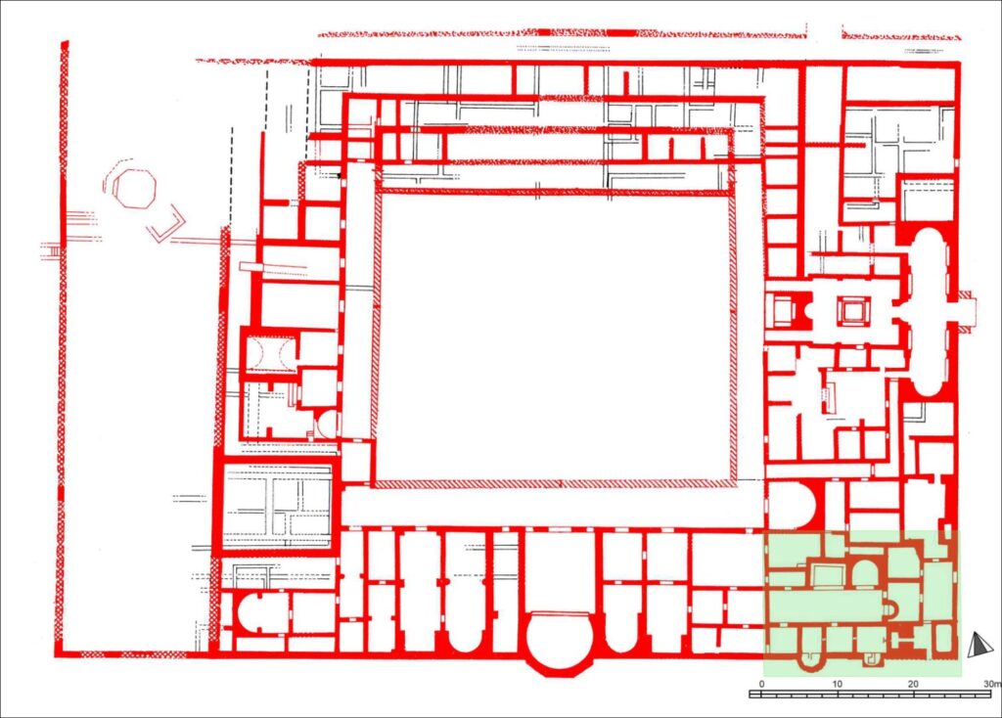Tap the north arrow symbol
(977, 645)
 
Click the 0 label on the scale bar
(761, 684)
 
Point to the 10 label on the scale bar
(838, 684)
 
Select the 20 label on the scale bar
(913, 684)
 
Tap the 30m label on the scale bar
(992, 684)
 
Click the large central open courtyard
(555, 337)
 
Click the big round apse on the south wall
(558, 641)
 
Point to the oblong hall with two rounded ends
(930, 312)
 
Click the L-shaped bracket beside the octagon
(165, 224)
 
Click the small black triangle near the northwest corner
(340, 175)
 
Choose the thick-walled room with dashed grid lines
(277, 504)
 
